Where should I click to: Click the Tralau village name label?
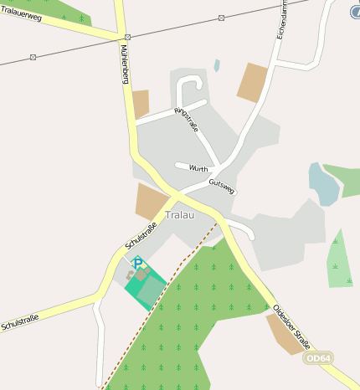click(179, 215)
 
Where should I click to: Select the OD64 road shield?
click(317, 358)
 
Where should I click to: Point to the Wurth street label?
click(198, 168)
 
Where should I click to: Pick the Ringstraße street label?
click(187, 120)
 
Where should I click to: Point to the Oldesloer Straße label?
click(291, 326)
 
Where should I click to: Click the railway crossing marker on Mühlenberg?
click(126, 38)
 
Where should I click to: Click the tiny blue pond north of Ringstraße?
click(217, 64)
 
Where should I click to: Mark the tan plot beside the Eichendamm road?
click(252, 82)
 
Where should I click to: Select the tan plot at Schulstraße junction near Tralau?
click(152, 202)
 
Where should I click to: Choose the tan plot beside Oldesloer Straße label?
click(281, 334)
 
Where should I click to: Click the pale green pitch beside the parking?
click(151, 290)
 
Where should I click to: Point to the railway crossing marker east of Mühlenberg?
click(221, 18)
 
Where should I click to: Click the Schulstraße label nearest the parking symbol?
click(140, 234)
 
